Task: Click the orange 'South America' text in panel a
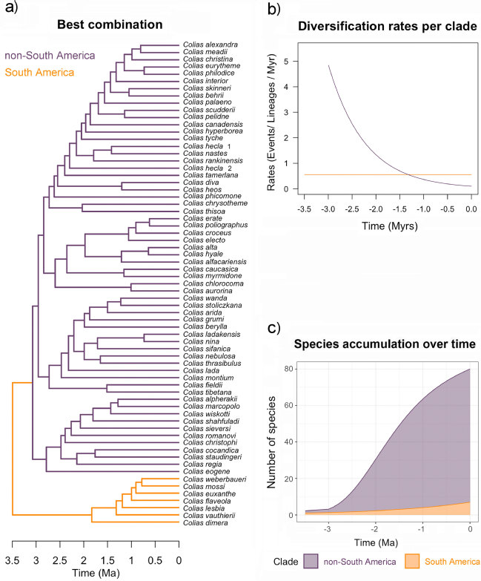point(38,72)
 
